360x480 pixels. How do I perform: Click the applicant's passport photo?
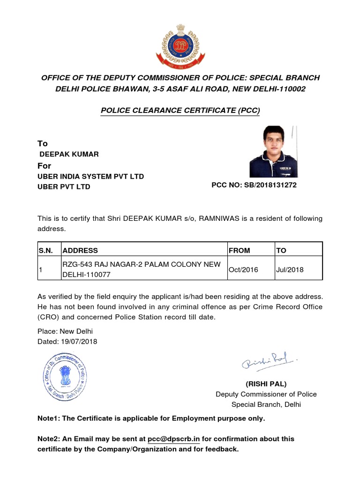[273, 151]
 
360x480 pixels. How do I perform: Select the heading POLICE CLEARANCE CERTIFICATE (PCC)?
[180, 111]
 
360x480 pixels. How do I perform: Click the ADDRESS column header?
[80, 250]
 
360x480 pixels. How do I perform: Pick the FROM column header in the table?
[240, 250]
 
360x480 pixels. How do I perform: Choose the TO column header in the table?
[281, 250]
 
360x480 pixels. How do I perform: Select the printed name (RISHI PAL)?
[266, 384]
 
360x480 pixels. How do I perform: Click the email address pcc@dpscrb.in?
[174, 439]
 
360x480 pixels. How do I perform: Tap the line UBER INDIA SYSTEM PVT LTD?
[90, 176]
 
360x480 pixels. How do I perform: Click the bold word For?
[44, 166]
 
